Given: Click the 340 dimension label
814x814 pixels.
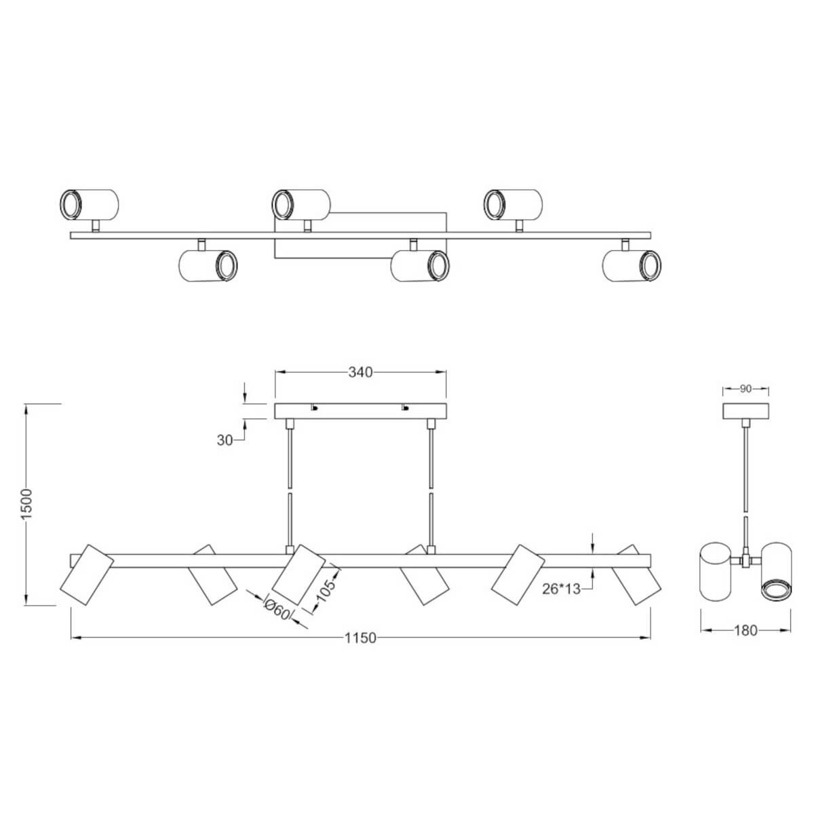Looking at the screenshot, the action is pyautogui.click(x=360, y=372).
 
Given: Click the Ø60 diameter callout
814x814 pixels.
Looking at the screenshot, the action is pyautogui.click(x=277, y=610).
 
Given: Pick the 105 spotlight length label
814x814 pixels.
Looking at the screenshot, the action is pyautogui.click(x=326, y=591).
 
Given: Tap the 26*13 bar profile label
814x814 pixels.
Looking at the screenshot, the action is pyautogui.click(x=562, y=589).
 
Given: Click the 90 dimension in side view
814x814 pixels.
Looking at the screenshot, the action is pyautogui.click(x=745, y=389).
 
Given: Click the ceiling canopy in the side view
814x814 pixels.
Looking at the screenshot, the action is pyautogui.click(x=745, y=412).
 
